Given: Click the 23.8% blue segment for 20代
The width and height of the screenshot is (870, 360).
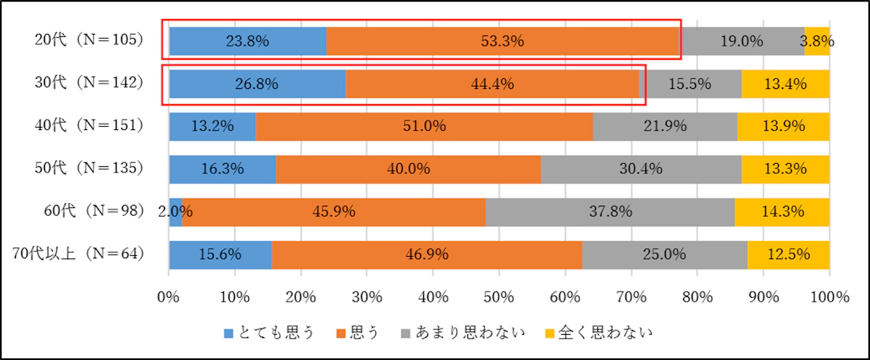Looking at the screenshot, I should [247, 42].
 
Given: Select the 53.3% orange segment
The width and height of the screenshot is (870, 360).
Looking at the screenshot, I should [503, 42].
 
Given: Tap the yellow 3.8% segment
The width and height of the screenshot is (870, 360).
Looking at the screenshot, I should [817, 42].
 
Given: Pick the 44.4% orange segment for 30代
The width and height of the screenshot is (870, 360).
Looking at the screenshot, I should [492, 84].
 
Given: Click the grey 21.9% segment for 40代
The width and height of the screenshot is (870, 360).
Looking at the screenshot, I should [664, 126].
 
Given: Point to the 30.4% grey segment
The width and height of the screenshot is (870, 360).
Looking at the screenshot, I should [640, 169].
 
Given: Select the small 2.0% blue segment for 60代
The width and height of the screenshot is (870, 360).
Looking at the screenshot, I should [176, 211].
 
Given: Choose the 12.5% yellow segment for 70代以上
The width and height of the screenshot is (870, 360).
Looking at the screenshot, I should [788, 254].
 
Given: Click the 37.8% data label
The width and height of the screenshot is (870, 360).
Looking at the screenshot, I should [611, 211].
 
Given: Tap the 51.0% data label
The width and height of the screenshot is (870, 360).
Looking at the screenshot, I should [424, 126].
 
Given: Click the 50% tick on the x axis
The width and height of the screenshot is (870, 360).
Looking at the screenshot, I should [500, 297].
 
